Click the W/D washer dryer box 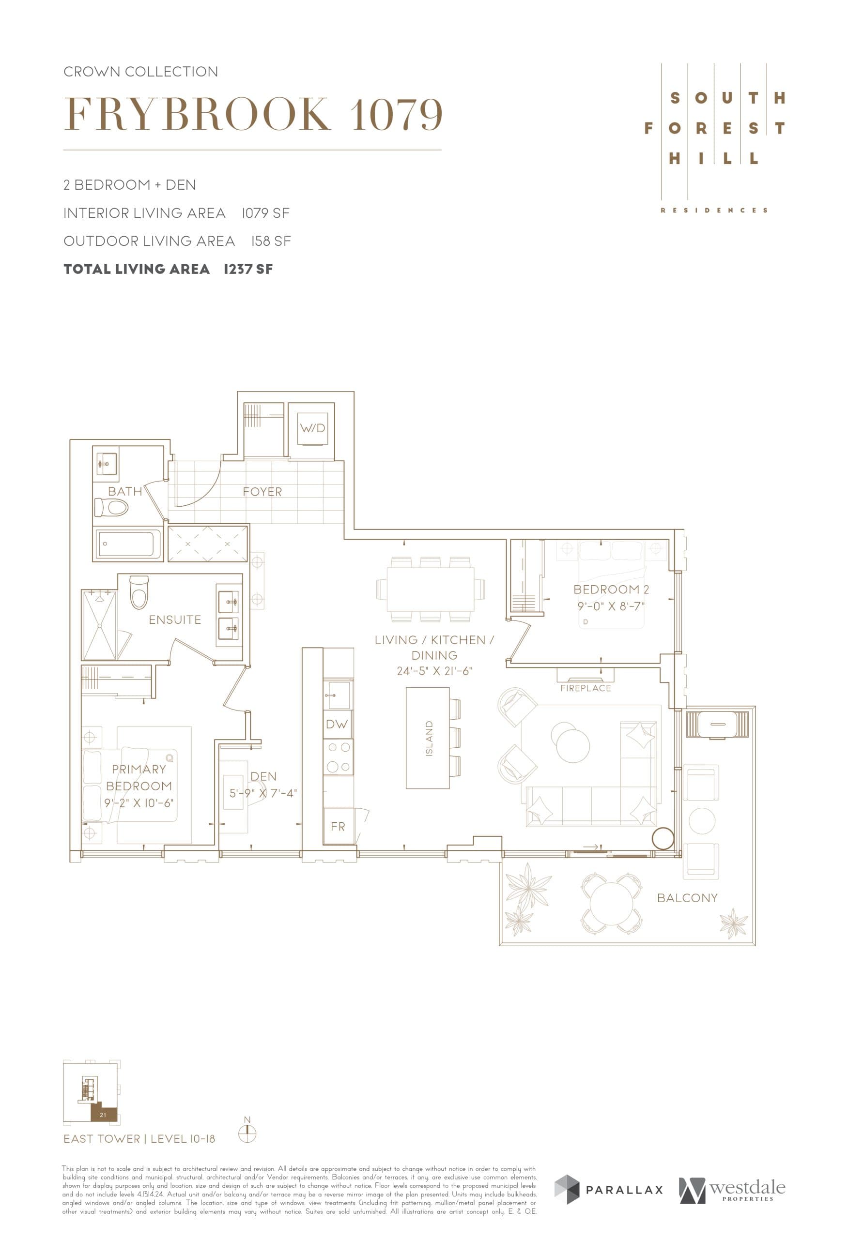[x=312, y=428]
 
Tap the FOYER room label [x=262, y=492]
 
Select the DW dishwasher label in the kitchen [x=337, y=724]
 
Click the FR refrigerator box [x=338, y=826]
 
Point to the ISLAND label [x=429, y=739]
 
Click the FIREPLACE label [x=586, y=688]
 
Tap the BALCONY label [x=687, y=898]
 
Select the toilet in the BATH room [x=111, y=507]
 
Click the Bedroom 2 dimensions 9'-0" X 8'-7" [x=611, y=606]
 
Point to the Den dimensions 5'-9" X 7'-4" [x=263, y=793]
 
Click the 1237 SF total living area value [x=248, y=269]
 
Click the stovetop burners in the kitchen [x=338, y=757]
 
